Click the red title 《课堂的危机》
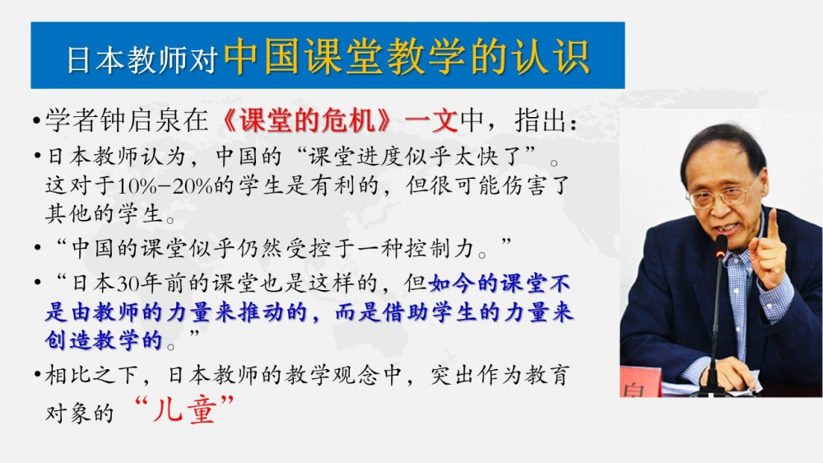coord(306,120)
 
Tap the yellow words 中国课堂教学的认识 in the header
coord(407,56)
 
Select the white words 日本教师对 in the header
coord(142,59)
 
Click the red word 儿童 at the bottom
coord(184,409)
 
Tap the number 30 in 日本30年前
coord(128,283)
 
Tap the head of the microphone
coord(722,246)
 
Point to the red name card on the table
coord(640,382)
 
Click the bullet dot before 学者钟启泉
coord(36,121)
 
